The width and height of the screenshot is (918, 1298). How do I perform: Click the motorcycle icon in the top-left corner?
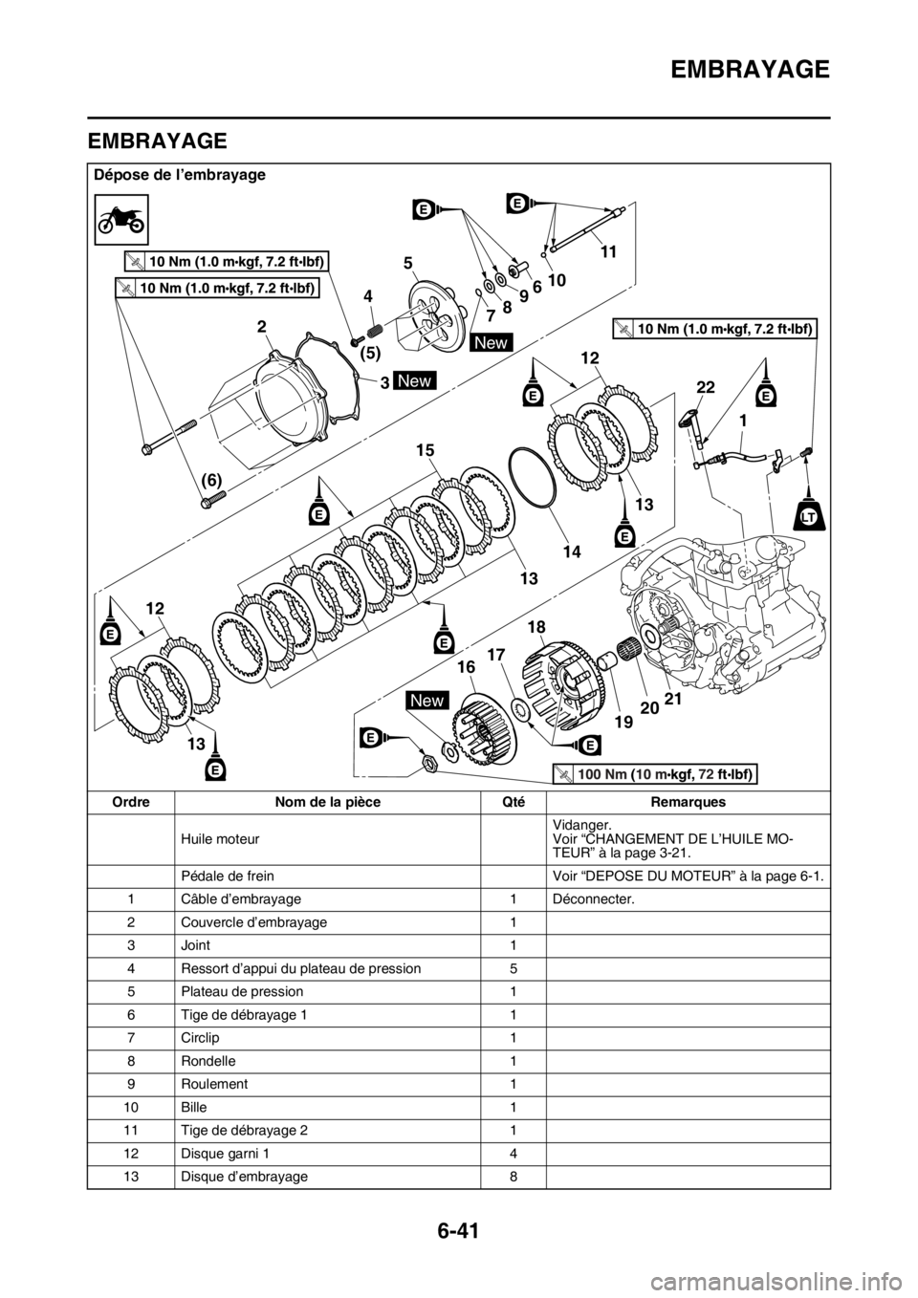point(121,218)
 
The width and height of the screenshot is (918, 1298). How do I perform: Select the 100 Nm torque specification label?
point(654,773)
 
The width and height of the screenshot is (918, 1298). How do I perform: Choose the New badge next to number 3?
point(415,381)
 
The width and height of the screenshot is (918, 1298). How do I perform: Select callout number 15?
point(426,447)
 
